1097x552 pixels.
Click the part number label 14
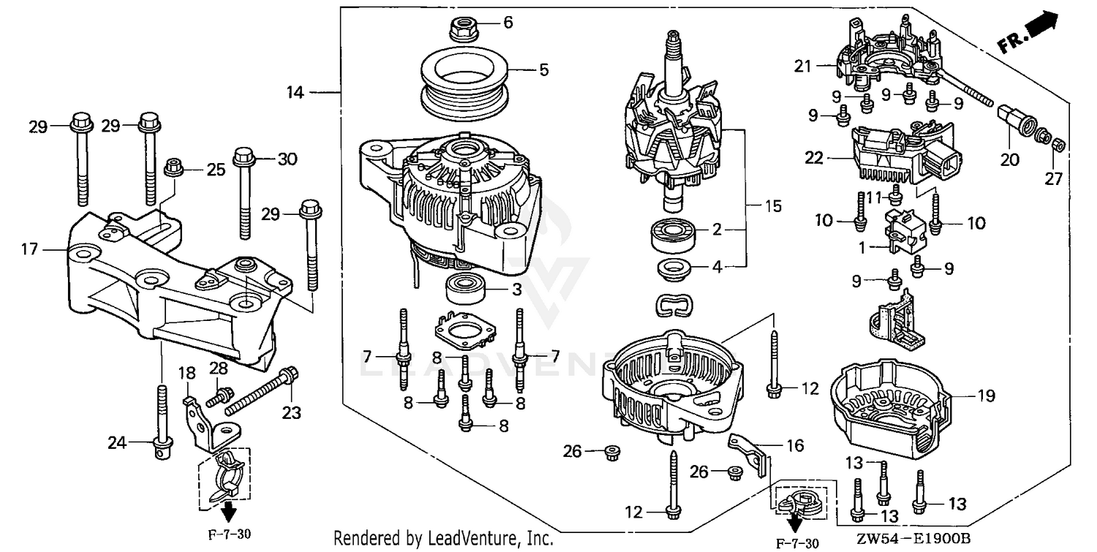295,92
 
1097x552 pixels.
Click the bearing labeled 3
466,291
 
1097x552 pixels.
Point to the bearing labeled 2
671,234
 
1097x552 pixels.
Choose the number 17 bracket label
29,250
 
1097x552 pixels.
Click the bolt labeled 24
160,424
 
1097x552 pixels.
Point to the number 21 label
804,67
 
